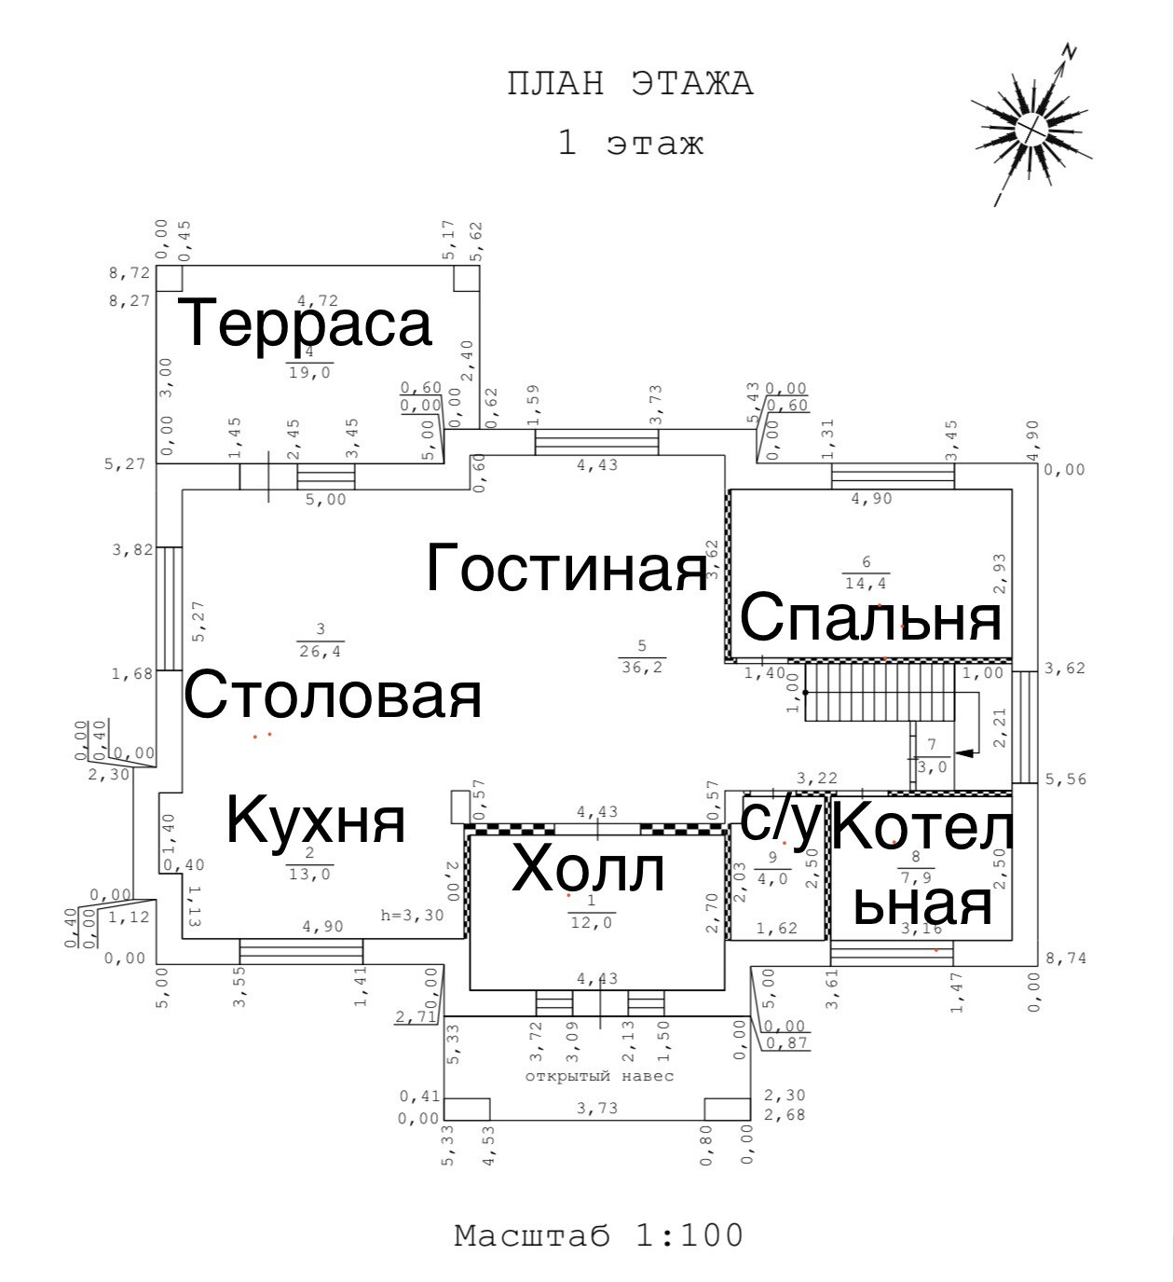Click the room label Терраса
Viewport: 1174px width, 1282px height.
(x=306, y=323)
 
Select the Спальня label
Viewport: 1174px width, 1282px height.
(x=871, y=617)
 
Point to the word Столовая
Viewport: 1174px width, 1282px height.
(x=333, y=695)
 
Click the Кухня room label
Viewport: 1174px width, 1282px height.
(x=317, y=820)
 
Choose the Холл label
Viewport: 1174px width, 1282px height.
(x=589, y=869)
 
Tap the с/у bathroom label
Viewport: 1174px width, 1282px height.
(x=781, y=818)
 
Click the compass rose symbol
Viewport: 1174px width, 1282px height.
(x=1030, y=126)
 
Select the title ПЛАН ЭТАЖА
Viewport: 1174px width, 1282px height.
(x=630, y=84)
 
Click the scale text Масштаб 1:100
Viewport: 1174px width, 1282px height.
(x=599, y=1235)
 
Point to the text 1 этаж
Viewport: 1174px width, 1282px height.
(x=630, y=144)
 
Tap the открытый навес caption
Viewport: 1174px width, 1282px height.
(x=599, y=1076)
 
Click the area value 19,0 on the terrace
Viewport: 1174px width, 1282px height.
(x=309, y=372)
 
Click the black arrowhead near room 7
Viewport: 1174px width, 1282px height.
(x=966, y=751)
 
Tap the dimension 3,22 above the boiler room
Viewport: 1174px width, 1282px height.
(x=817, y=778)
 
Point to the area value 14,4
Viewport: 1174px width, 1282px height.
(x=866, y=584)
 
